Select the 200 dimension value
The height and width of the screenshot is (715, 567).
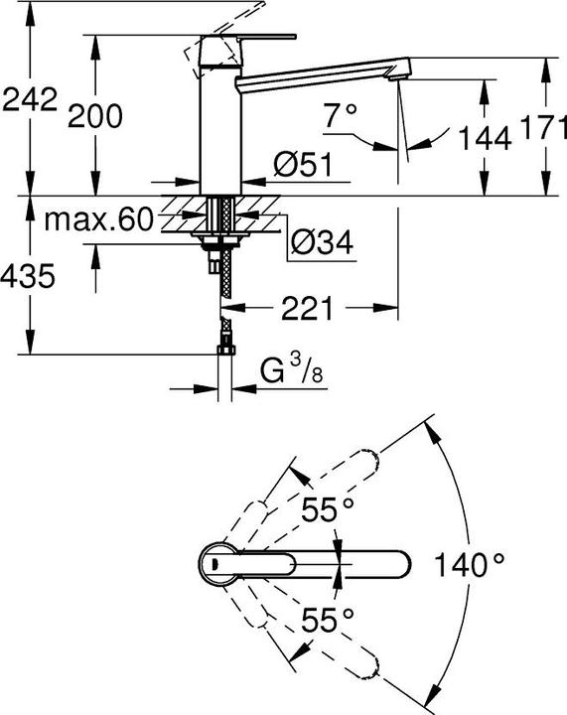point(95,116)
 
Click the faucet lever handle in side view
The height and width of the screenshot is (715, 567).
point(248,39)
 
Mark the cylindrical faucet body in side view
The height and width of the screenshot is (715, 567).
point(219,119)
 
